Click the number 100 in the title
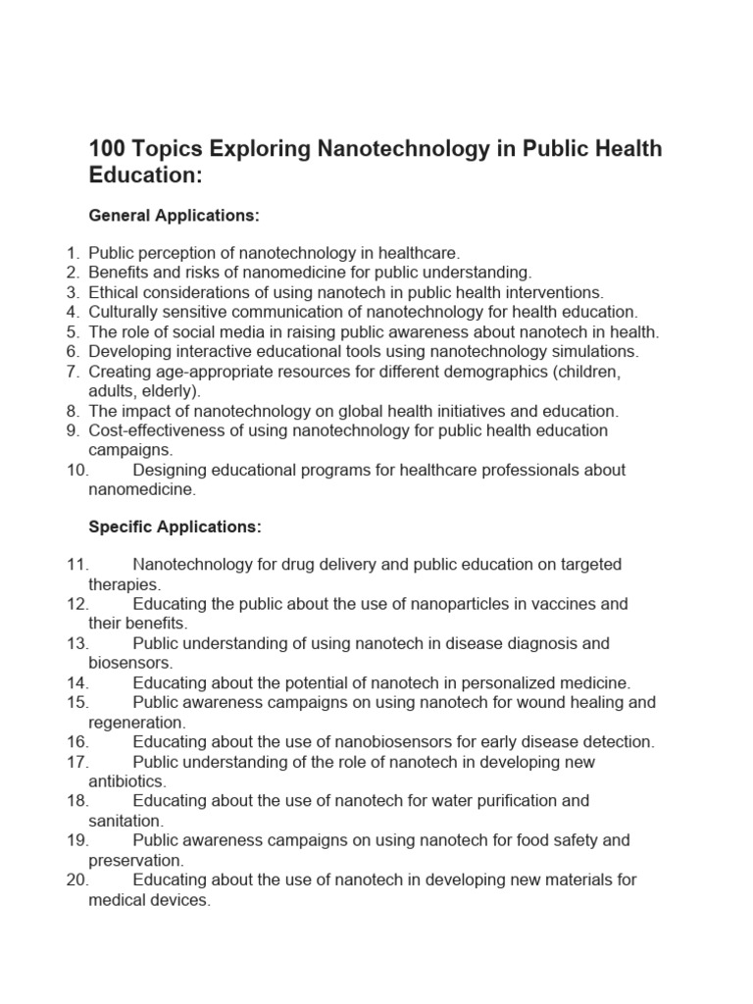coord(106,149)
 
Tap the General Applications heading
coord(175,215)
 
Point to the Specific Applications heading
coord(176,527)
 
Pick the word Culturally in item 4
coord(125,312)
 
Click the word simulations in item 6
coord(594,351)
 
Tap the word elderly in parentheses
coord(169,390)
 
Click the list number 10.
coord(78,470)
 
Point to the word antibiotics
coord(127,781)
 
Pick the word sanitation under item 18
coord(125,821)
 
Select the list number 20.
coord(78,879)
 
